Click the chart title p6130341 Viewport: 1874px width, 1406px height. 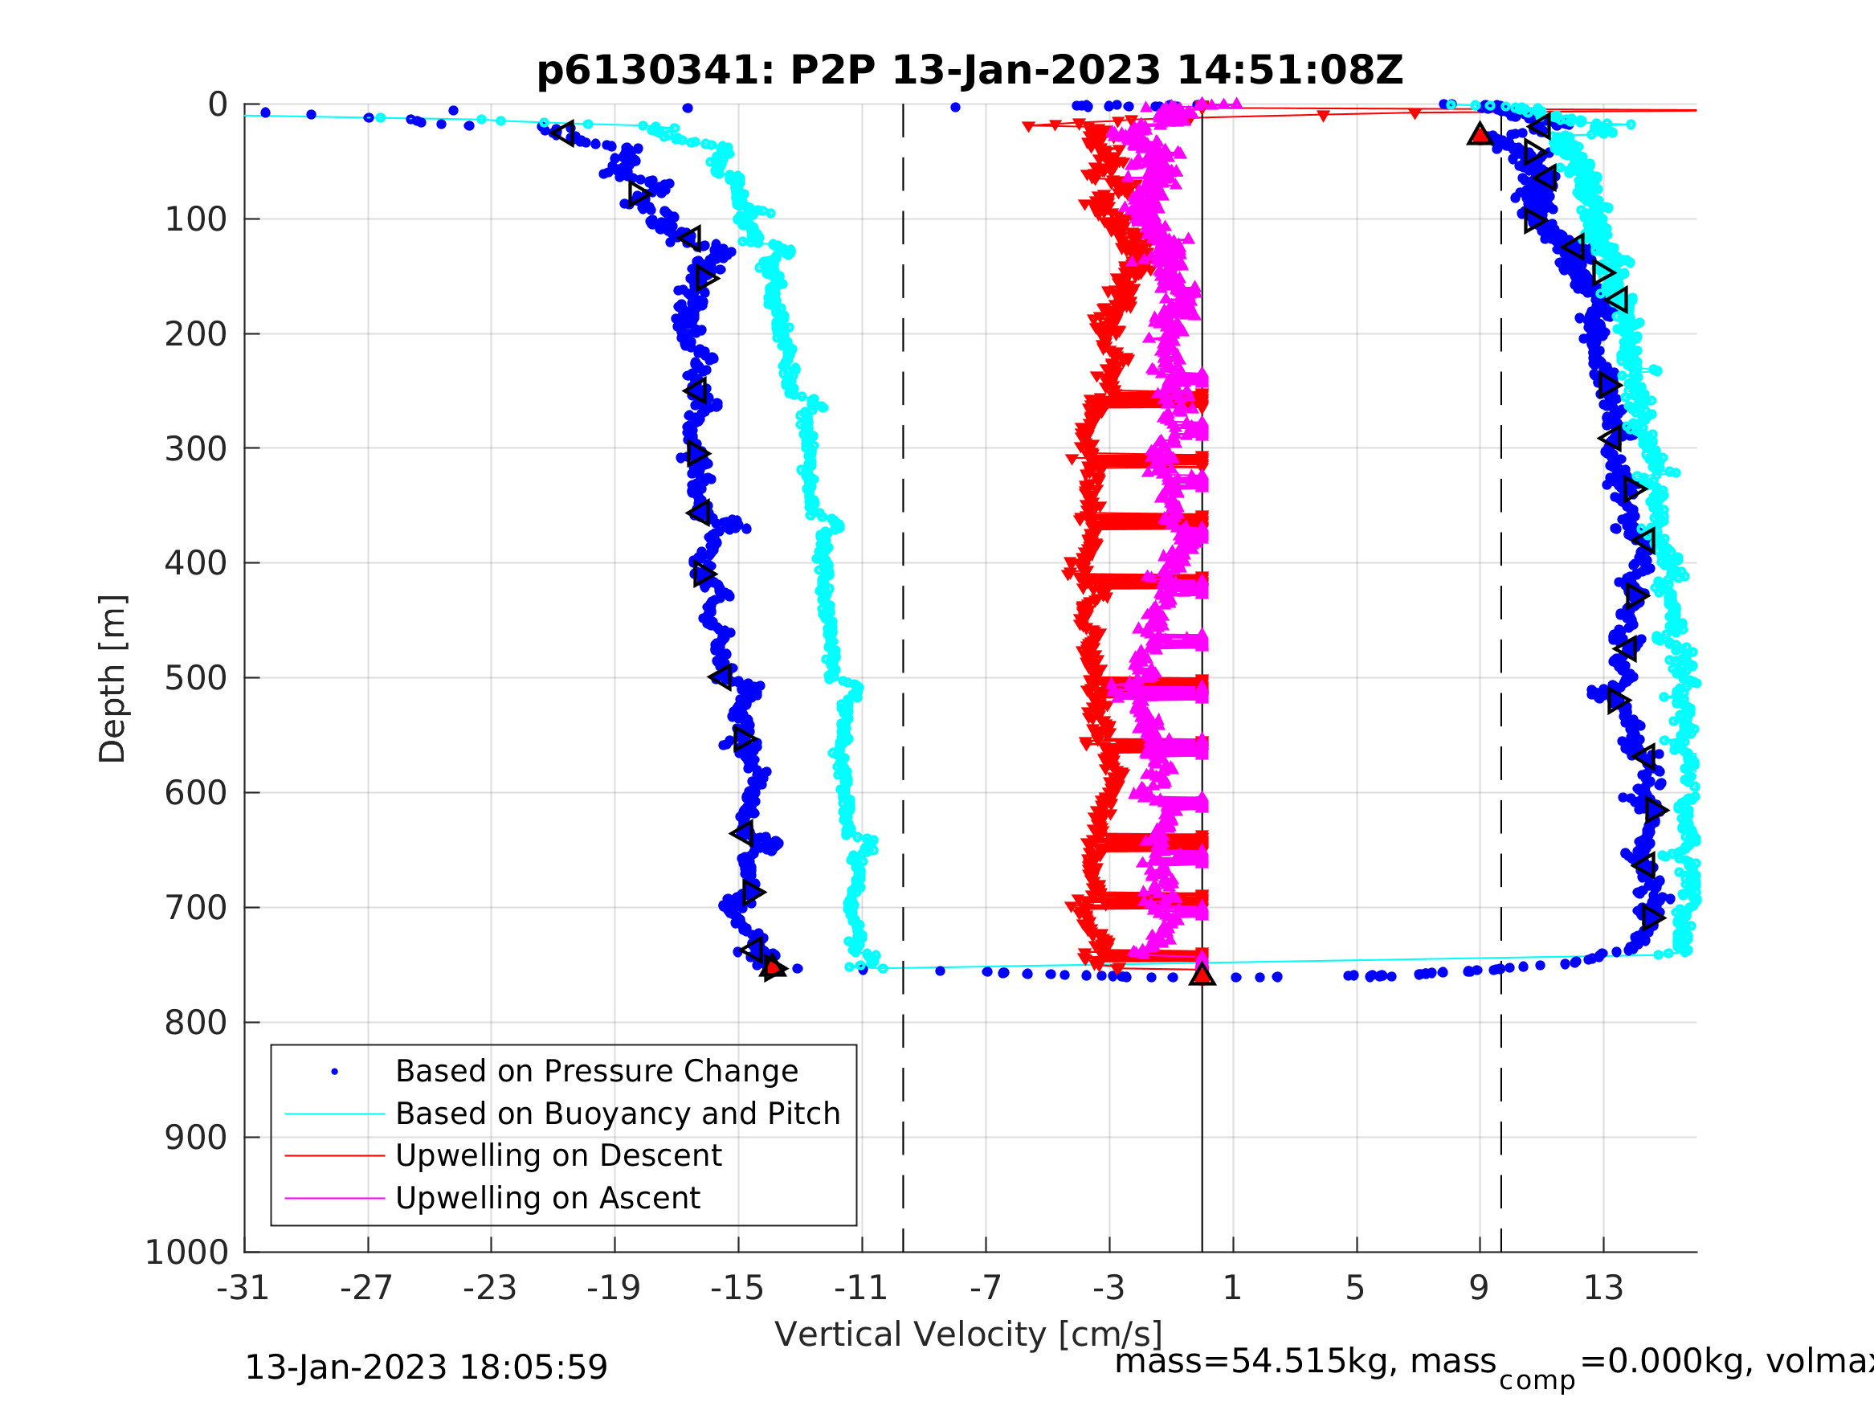pyautogui.click(x=970, y=72)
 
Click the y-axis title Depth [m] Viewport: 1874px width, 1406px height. pyautogui.click(x=112, y=679)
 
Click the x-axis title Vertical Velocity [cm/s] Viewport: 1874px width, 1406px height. pyautogui.click(x=969, y=1334)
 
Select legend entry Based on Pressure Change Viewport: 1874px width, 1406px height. pyautogui.click(x=597, y=1071)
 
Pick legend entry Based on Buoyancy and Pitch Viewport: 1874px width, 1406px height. pyautogui.click(x=618, y=1114)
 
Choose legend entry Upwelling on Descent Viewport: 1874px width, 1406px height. pyautogui.click(x=558, y=1155)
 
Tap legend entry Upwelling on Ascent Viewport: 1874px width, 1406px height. pyautogui.click(x=547, y=1198)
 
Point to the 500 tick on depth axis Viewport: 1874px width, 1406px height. pyautogui.click(x=196, y=678)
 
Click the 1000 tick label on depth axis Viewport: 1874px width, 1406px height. pyautogui.click(x=186, y=1252)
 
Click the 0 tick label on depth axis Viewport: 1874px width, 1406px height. pyautogui.click(x=218, y=105)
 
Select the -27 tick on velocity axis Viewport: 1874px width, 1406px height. pyautogui.click(x=367, y=1288)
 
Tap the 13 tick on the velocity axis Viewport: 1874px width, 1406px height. pyautogui.click(x=1602, y=1288)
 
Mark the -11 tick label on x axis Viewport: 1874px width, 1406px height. pyautogui.click(x=861, y=1288)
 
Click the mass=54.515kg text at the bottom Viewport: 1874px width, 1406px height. pyautogui.click(x=1304, y=1361)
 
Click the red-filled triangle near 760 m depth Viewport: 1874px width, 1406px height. pyautogui.click(x=1202, y=975)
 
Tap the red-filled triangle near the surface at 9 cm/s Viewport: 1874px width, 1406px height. pyautogui.click(x=1480, y=134)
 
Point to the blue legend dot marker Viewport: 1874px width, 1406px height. pyautogui.click(x=335, y=1072)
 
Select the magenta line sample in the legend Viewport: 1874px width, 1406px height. pyautogui.click(x=334, y=1199)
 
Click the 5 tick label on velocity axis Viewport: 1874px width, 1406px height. pyautogui.click(x=1356, y=1288)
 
